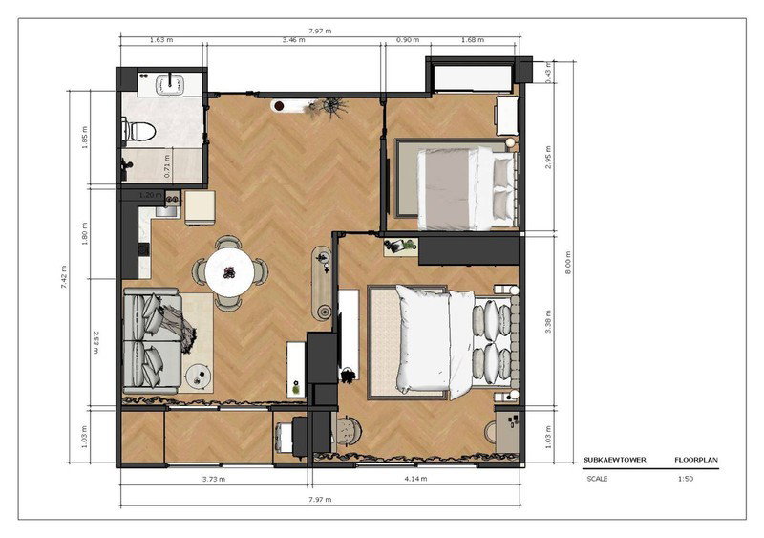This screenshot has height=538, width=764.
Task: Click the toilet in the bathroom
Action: [139, 131]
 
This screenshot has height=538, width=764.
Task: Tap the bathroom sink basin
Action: [170, 83]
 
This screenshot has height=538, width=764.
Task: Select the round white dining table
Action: [229, 271]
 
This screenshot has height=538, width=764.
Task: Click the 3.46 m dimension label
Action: [293, 40]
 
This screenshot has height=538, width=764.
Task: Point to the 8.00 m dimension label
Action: [567, 263]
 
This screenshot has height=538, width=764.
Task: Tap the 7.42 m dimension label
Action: [64, 276]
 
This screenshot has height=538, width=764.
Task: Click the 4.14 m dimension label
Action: [415, 479]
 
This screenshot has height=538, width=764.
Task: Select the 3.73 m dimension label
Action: [214, 479]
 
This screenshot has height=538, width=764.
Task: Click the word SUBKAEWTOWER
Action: [615, 460]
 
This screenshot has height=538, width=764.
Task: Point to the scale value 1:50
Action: [685, 479]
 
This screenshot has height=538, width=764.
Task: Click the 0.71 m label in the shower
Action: [167, 166]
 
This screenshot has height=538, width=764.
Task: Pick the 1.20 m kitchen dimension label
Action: [151, 195]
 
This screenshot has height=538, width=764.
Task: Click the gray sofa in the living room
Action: [152, 341]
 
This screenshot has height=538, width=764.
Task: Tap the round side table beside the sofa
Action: [199, 377]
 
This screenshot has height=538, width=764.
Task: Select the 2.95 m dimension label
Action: [548, 157]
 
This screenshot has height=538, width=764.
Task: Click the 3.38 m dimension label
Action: [548, 321]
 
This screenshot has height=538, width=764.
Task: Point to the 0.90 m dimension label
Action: [408, 40]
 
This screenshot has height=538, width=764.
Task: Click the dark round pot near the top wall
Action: [279, 105]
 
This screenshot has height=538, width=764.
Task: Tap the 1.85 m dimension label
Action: [85, 138]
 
